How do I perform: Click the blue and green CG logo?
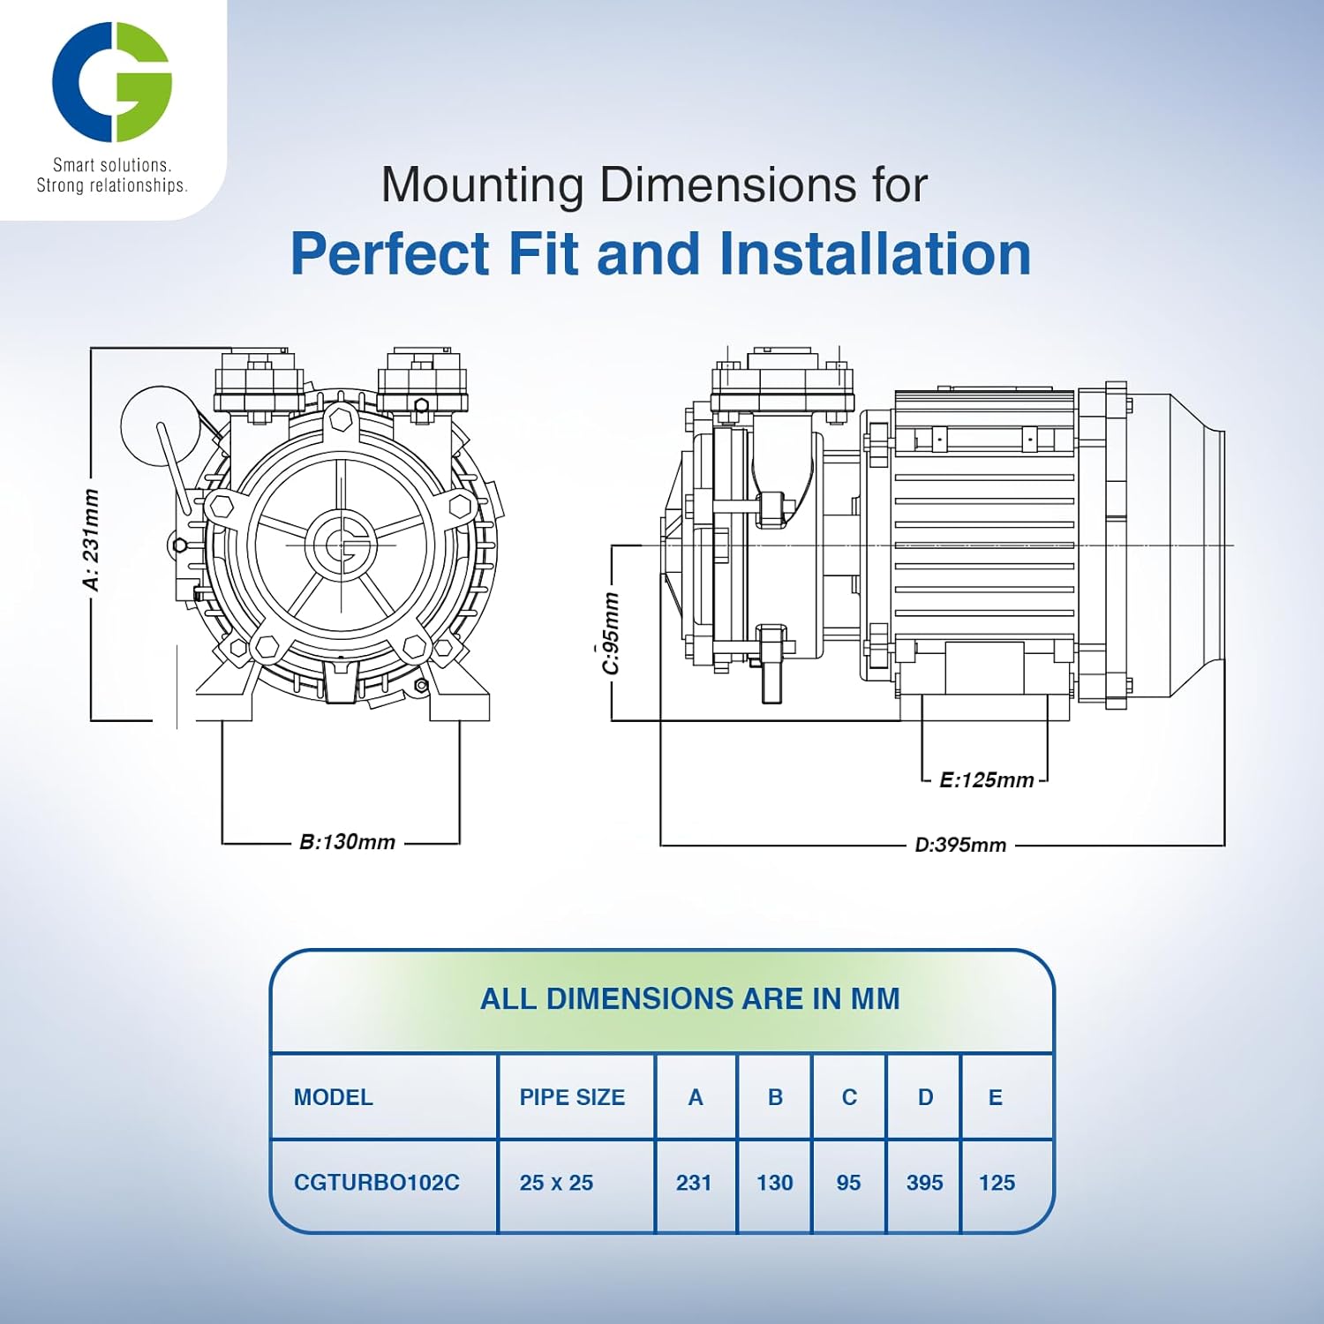[x=111, y=82]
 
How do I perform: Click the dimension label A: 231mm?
[x=91, y=539]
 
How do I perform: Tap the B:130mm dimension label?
[x=347, y=842]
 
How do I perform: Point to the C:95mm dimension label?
[x=611, y=634]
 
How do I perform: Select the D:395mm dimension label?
[x=960, y=845]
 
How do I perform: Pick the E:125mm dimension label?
[x=986, y=780]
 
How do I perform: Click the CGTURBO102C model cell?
[x=376, y=1183]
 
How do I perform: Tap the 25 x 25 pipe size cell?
[x=556, y=1183]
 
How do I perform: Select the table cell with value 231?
[x=694, y=1183]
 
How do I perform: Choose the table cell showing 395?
[x=924, y=1183]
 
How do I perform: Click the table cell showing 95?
[x=848, y=1183]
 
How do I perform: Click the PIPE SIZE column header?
[x=572, y=1097]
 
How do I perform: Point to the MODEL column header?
[x=333, y=1097]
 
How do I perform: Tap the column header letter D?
[x=925, y=1097]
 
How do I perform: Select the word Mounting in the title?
[x=483, y=185]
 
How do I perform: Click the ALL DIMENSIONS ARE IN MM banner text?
[x=689, y=998]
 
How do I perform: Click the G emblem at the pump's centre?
[x=342, y=545]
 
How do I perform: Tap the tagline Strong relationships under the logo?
[x=111, y=185]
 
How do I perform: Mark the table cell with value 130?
[x=774, y=1183]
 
